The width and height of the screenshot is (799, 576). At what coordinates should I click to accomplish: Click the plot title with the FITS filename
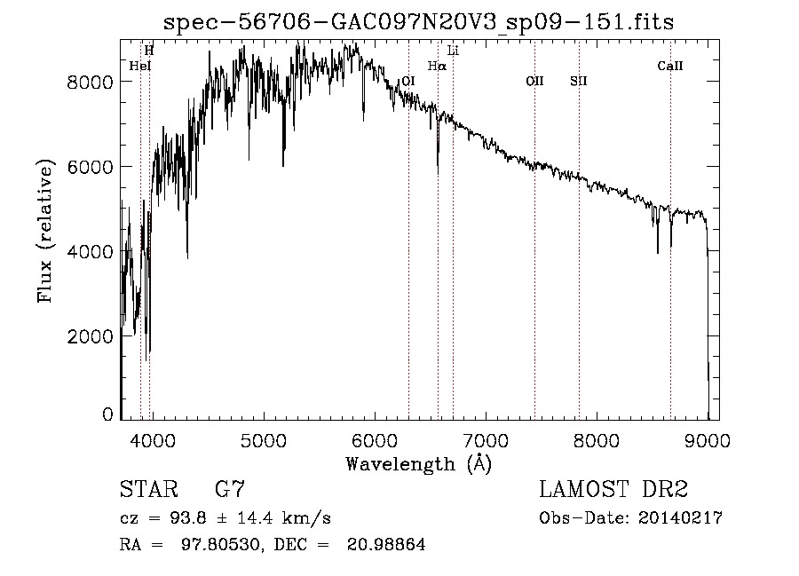click(x=420, y=23)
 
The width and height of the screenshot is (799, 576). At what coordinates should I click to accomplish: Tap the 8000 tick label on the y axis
click(x=90, y=82)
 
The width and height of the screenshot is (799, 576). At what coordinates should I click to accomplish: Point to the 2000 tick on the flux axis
click(x=90, y=336)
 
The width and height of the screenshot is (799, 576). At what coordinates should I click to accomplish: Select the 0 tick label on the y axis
click(x=107, y=414)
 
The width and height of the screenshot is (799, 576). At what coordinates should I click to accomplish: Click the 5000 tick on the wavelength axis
click(x=263, y=440)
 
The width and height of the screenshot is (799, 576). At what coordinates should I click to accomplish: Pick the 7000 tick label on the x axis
click(x=485, y=440)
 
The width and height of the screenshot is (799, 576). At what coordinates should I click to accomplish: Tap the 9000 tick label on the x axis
click(x=708, y=440)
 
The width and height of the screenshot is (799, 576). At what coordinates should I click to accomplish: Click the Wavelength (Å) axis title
click(x=418, y=463)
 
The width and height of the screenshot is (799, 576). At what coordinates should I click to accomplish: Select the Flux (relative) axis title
click(x=45, y=231)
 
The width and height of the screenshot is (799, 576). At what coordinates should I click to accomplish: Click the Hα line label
click(x=436, y=66)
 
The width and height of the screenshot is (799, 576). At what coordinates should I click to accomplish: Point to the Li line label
click(x=453, y=51)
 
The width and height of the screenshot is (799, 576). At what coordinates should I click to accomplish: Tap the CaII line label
click(x=669, y=66)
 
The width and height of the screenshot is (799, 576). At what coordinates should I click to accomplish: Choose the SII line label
click(x=578, y=81)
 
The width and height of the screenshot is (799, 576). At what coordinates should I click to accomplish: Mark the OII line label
click(x=534, y=81)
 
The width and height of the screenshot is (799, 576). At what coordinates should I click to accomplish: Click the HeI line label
click(x=139, y=66)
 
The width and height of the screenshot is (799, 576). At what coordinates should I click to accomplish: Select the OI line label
click(x=408, y=81)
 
